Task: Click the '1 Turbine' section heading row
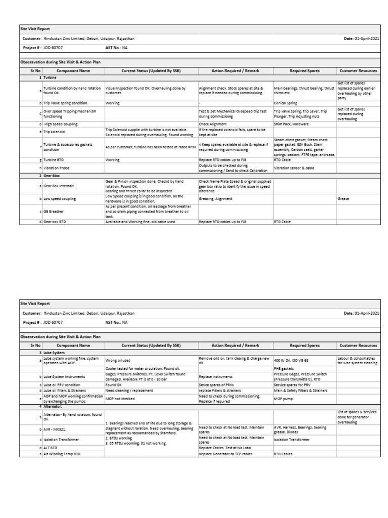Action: coord(50,78)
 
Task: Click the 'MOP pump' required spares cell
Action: coord(284,398)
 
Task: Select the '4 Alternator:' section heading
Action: coord(53,406)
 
